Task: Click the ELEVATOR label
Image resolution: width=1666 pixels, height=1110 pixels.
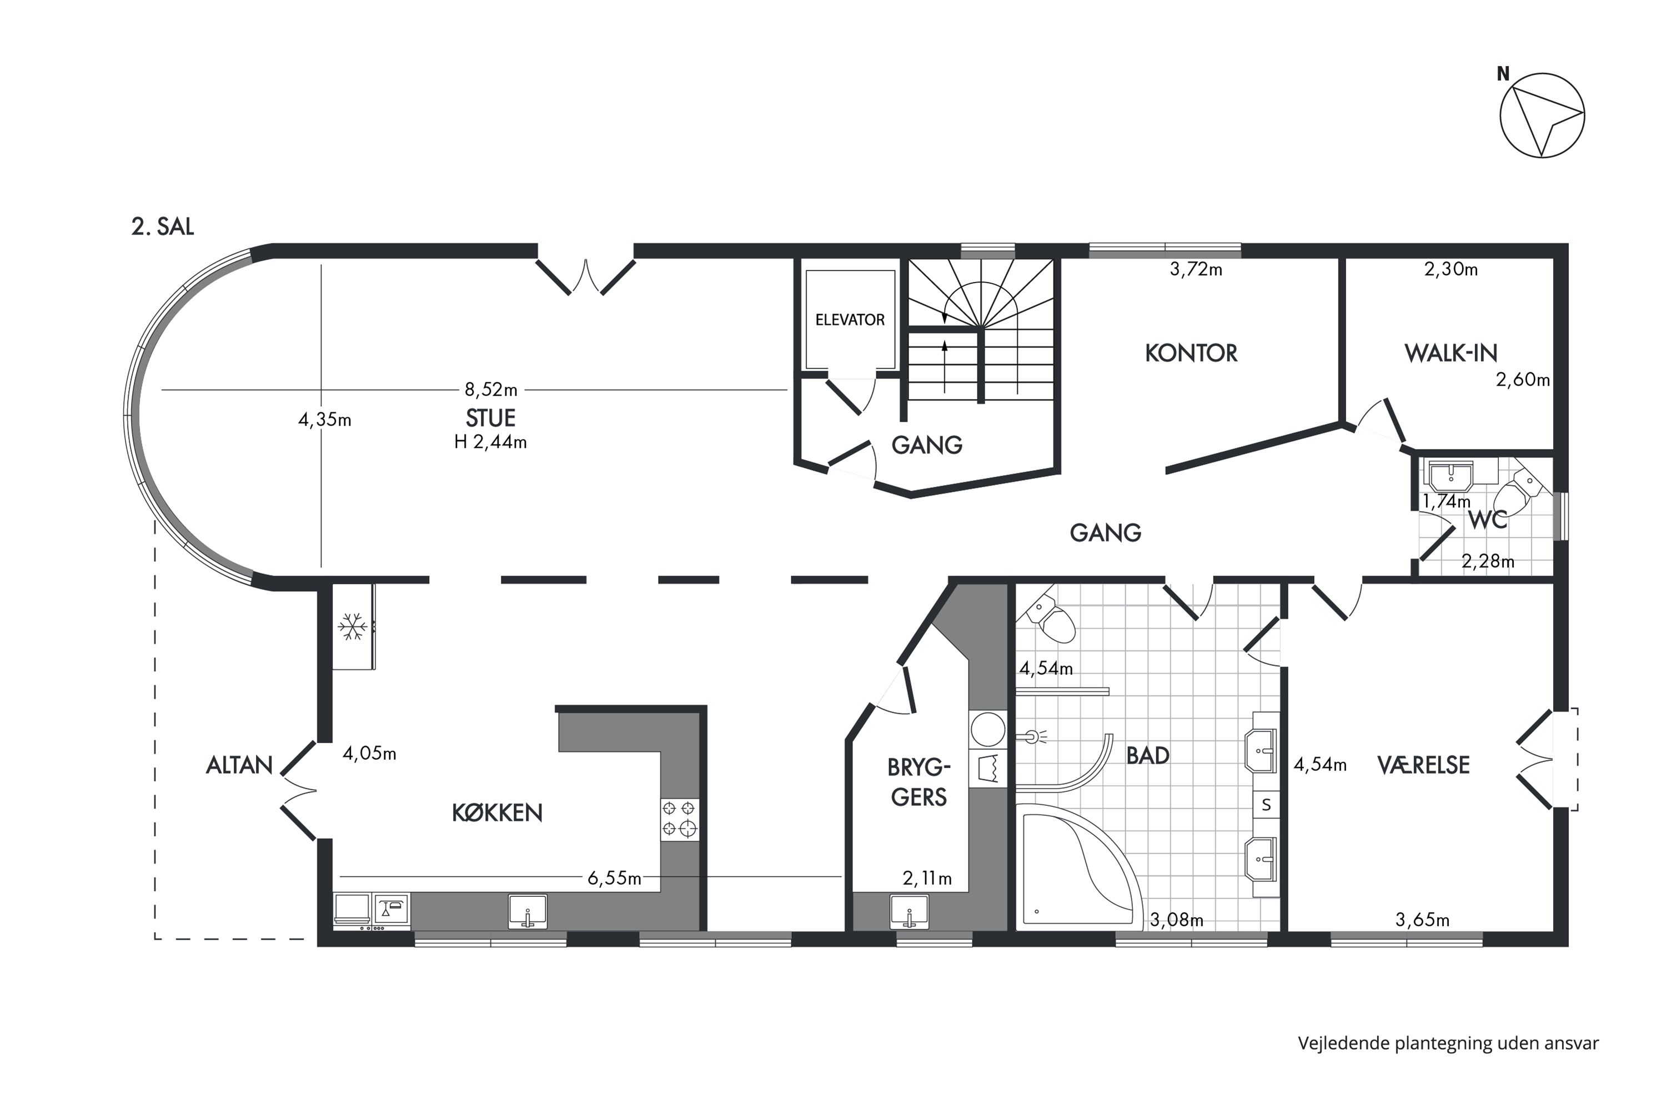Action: [x=850, y=320]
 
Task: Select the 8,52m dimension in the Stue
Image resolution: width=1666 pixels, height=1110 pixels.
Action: [x=491, y=390]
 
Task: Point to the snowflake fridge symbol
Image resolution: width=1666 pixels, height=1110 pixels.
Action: [x=352, y=627]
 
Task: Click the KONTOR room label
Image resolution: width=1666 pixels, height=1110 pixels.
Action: [x=1191, y=353]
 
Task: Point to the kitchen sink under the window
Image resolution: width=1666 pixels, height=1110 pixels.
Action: [x=528, y=911]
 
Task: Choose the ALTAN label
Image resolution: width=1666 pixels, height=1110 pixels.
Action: [x=239, y=765]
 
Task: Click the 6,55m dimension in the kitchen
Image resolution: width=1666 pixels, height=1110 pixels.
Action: [x=614, y=879]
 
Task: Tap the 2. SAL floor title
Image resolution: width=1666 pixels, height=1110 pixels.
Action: [x=162, y=226]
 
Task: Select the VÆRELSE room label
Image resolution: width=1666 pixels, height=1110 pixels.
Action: [x=1424, y=765]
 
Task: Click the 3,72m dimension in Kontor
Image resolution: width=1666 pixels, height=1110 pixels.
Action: [x=1196, y=270]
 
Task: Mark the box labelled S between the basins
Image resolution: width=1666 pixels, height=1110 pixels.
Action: [x=1267, y=805]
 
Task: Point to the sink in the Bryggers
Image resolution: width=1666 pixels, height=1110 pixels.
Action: [x=910, y=912]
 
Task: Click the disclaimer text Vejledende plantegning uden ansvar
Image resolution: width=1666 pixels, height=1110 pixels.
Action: [x=1448, y=1043]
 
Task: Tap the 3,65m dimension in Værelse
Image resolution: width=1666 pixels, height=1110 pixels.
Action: [x=1422, y=920]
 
